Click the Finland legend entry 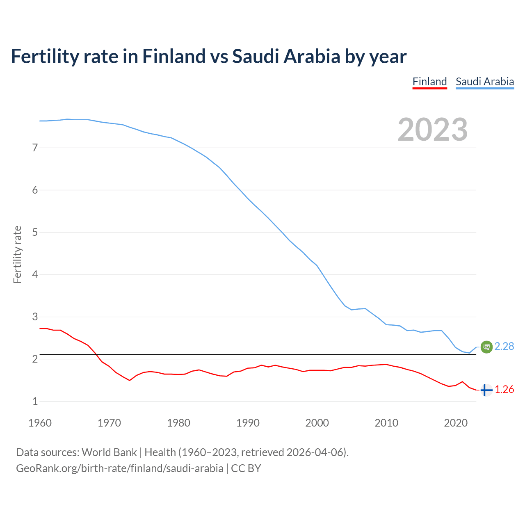click(429, 82)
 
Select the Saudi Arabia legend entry click(485, 82)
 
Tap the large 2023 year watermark click(432, 130)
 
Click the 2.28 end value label click(504, 347)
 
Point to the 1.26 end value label click(504, 390)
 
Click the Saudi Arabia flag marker click(486, 347)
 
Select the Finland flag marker click(486, 390)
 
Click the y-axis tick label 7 click(35, 148)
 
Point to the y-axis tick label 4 click(35, 274)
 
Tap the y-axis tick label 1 click(35, 402)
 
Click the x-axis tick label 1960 click(40, 423)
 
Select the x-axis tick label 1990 click(248, 423)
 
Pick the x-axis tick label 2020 click(456, 423)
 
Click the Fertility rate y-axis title click(17, 254)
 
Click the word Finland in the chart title click(173, 56)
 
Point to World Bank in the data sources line click(109, 452)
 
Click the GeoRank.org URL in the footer click(119, 468)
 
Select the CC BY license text click(246, 468)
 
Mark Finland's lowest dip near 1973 click(130, 380)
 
